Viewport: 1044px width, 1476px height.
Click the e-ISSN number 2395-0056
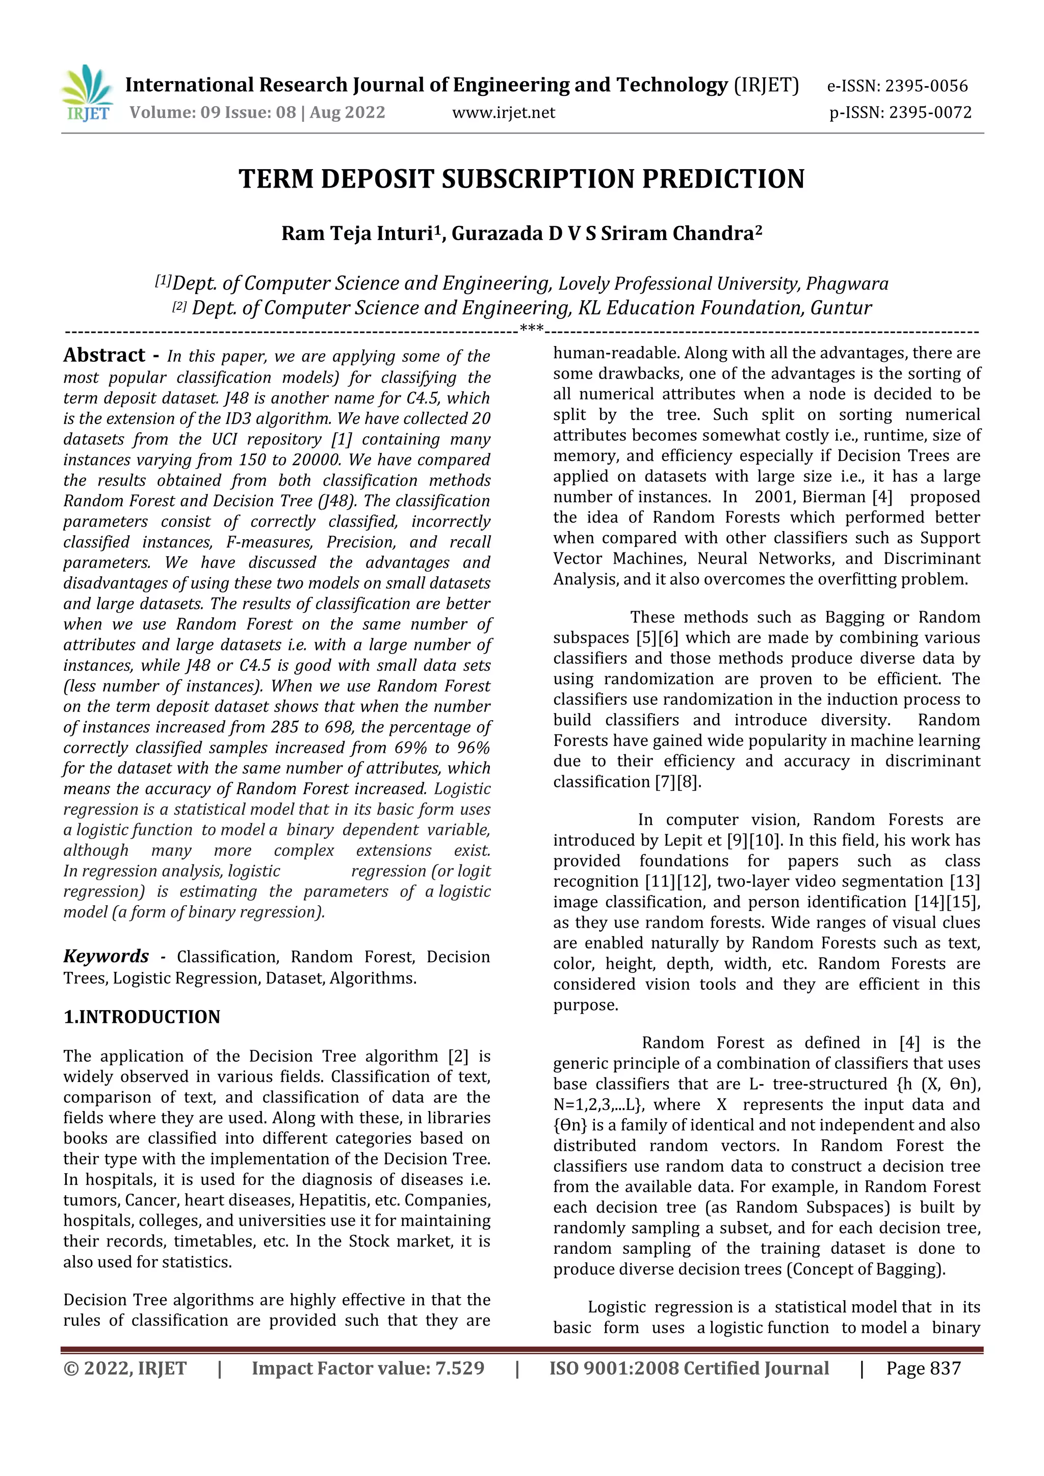926,86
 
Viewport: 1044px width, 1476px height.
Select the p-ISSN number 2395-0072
930,113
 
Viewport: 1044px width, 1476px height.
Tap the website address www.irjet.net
503,113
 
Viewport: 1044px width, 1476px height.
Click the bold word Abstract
104,356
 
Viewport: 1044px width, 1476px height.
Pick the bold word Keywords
106,957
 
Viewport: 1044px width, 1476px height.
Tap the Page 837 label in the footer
923,1368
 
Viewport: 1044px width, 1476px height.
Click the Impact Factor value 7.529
459,1368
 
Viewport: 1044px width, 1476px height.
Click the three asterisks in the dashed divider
532,330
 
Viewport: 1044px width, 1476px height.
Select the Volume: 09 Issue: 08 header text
213,113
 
